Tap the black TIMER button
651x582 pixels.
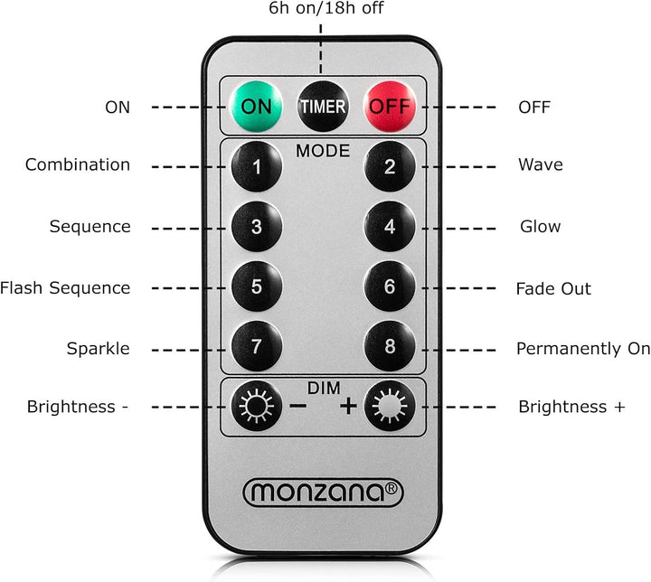point(323,107)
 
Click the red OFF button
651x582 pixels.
point(390,107)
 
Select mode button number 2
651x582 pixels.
point(390,166)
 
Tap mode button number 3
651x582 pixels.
point(257,227)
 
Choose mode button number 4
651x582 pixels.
point(390,227)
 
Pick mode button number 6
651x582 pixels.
point(390,286)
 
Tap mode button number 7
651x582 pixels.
point(257,346)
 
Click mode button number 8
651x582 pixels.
point(390,346)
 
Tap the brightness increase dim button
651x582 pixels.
point(390,406)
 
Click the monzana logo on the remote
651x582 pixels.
point(323,493)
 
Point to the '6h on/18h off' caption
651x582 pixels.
point(325,8)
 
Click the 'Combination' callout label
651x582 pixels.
point(78,164)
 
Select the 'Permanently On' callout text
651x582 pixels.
point(583,349)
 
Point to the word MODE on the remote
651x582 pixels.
point(323,151)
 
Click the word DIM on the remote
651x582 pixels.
point(324,388)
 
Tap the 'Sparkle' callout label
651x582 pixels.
point(98,348)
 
